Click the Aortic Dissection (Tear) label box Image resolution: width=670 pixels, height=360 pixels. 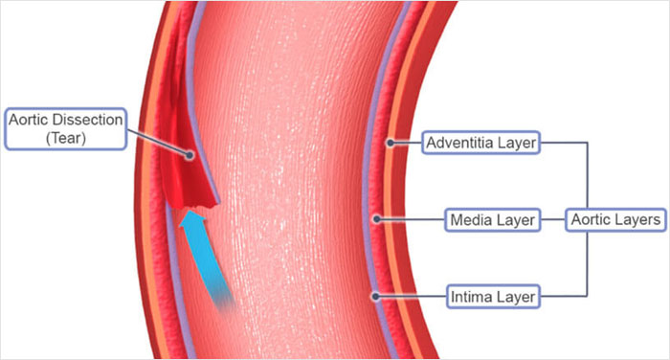(65, 128)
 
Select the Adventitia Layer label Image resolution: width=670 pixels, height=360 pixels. (480, 144)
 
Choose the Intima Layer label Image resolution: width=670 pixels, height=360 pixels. (493, 297)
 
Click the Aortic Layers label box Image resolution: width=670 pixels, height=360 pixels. (614, 220)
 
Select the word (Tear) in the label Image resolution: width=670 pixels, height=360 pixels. (65, 138)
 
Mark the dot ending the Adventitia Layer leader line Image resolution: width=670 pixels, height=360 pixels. (391, 144)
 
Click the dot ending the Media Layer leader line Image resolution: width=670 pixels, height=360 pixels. (379, 219)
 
